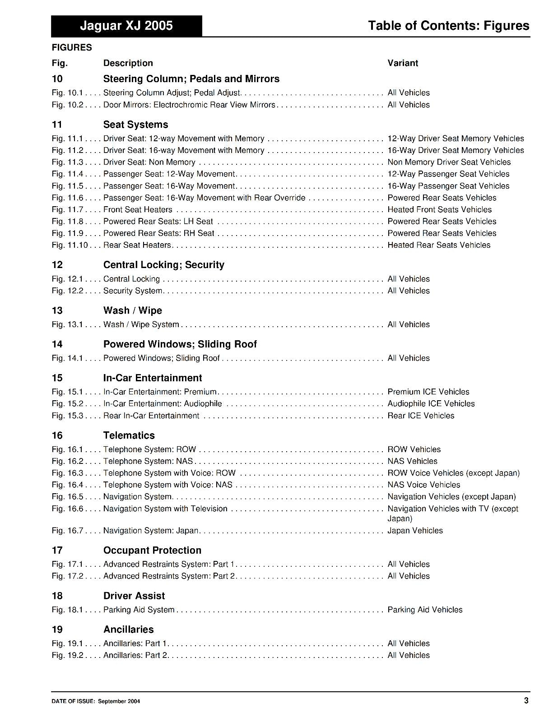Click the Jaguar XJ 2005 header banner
coord(126,26)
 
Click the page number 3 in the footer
coord(526,700)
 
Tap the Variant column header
coord(403,63)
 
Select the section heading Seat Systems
coord(135,125)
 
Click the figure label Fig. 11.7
coord(68,209)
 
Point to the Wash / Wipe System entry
coord(141,324)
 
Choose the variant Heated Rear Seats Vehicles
coord(439,245)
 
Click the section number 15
coord(57,378)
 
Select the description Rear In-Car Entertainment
coord(151,416)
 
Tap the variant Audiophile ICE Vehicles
coord(431,403)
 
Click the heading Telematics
coord(129,435)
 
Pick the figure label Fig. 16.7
coord(68,531)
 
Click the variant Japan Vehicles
coord(415,531)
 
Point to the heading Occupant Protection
coord(152,551)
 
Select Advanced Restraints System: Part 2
coord(169,576)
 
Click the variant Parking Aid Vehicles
coord(425,610)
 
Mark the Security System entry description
coord(133,291)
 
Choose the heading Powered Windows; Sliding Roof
coord(180,344)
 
